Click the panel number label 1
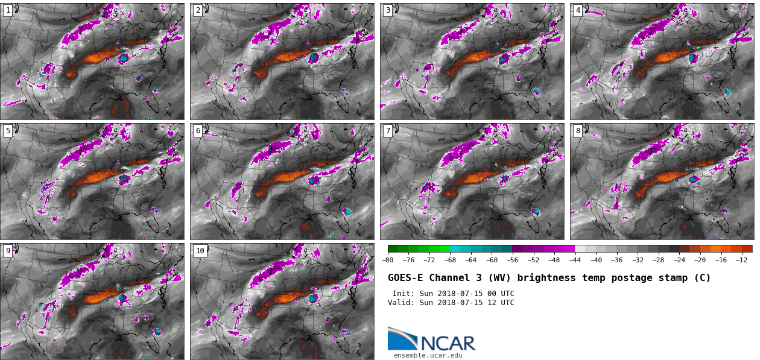[8, 10]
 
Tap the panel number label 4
[578, 10]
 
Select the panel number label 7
[388, 131]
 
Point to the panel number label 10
[200, 251]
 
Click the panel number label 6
[198, 131]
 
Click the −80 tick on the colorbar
[388, 260]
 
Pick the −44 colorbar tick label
[575, 260]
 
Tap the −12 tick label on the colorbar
[742, 260]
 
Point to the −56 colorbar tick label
[513, 260]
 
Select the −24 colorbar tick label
[679, 260]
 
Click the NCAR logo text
[448, 343]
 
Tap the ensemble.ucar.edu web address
[428, 356]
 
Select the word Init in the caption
[402, 294]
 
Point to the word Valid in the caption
[401, 303]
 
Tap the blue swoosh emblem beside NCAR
[402, 338]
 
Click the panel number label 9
[8, 251]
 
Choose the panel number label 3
[388, 10]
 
